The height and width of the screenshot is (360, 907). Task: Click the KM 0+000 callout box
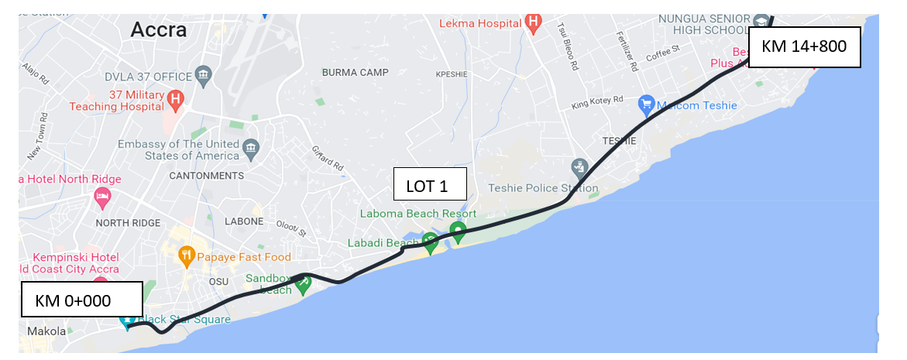pos(81,300)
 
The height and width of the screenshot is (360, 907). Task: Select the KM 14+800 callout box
pos(804,47)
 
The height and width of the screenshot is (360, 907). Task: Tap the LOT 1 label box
pos(431,186)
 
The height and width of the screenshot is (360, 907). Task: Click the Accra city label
pos(159,30)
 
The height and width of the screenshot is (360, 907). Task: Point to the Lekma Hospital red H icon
pos(533,22)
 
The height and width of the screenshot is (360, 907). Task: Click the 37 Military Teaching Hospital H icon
pos(176,99)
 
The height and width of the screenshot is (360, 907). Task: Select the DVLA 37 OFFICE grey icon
pos(204,76)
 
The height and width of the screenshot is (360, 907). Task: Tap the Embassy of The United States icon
pos(251,147)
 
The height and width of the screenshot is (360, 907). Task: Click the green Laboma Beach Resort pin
pos(459,230)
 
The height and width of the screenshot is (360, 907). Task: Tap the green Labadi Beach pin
pos(430,242)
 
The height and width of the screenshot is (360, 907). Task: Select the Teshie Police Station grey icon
pos(579,166)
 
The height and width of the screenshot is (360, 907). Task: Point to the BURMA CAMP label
pos(354,73)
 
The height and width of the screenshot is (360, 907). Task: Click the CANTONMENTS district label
pos(206,176)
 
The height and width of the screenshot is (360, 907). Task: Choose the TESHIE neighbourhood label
pos(620,141)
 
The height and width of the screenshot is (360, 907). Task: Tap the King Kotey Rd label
pos(597,100)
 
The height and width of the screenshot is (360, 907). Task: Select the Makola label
pos(46,331)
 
